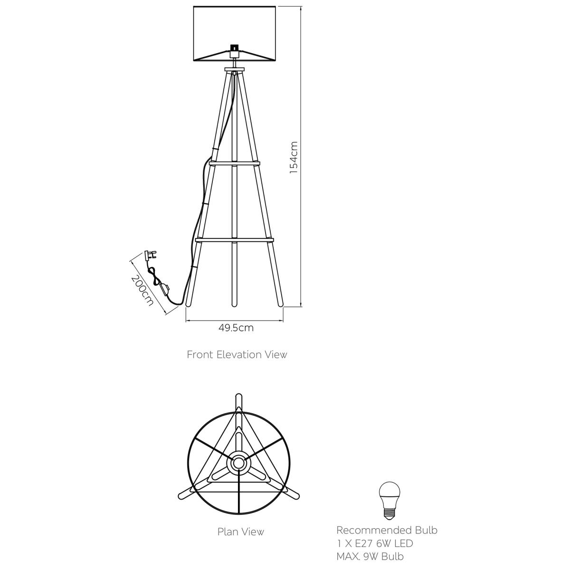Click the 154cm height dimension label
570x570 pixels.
(294, 157)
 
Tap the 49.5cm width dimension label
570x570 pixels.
(236, 328)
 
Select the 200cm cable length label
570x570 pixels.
(142, 291)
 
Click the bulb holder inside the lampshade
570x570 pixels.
(234, 51)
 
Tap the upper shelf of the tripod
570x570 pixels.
(234, 163)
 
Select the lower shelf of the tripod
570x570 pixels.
(234, 240)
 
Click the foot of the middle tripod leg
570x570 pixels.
(234, 304)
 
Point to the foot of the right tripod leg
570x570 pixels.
(280, 303)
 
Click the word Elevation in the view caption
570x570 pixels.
(239, 354)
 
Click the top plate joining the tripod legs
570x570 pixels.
(235, 70)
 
